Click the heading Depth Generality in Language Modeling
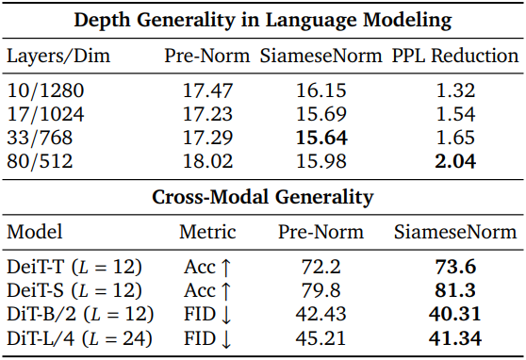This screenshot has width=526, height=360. click(263, 20)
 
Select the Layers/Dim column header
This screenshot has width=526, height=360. click(58, 56)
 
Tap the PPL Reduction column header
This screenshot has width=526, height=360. click(455, 56)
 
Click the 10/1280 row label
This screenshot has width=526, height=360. click(45, 90)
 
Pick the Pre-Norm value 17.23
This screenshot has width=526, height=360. click(207, 114)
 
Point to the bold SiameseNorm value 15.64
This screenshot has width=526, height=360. click(321, 138)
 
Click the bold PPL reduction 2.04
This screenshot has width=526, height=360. click(455, 161)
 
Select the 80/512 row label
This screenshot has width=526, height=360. click(40, 161)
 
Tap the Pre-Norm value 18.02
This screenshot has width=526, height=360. click(207, 161)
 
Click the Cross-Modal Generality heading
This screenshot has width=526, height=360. click(263, 197)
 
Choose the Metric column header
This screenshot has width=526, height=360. click(207, 232)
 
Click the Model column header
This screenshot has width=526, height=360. click(35, 232)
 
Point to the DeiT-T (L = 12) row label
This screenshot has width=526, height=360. click(74, 267)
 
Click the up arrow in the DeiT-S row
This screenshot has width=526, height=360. click(226, 291)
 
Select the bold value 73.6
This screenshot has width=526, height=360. click(455, 267)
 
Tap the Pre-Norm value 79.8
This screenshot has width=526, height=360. click(321, 290)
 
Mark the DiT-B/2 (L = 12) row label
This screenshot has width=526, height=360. click(80, 315)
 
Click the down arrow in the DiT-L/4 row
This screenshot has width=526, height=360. click(226, 339)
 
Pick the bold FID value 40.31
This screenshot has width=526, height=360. click(455, 315)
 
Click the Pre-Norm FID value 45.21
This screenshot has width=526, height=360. click(321, 338)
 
